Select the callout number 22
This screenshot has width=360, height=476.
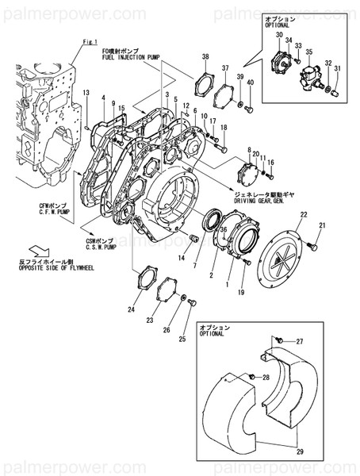[304, 215]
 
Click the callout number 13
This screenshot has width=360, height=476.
[86, 94]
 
